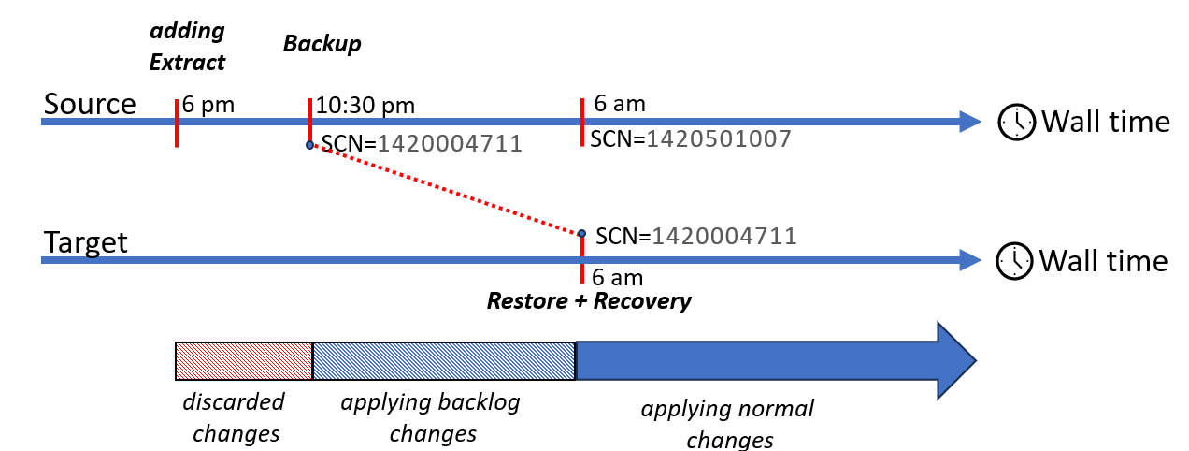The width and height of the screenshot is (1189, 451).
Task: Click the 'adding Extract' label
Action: tap(188, 47)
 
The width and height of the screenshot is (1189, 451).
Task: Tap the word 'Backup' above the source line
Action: tap(322, 44)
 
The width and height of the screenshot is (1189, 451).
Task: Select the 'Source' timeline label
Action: tap(90, 104)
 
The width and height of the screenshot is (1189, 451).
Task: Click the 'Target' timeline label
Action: tap(86, 243)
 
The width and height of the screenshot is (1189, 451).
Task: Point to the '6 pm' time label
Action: tap(208, 104)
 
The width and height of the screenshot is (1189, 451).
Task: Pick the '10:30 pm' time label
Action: tap(365, 104)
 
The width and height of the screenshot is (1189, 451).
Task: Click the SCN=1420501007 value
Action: tap(691, 139)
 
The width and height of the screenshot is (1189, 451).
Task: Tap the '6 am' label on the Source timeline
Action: tap(619, 104)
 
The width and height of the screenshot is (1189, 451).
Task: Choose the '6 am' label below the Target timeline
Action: tap(618, 277)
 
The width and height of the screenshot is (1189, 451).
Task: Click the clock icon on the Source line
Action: tap(1016, 123)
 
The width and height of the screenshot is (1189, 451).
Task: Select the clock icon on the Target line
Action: tap(1014, 261)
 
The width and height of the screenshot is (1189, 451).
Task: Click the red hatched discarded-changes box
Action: tap(244, 361)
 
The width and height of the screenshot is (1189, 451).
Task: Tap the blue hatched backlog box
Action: tap(443, 361)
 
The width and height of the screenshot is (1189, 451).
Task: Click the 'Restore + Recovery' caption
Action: tap(589, 301)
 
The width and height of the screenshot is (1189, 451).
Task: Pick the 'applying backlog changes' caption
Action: tap(431, 418)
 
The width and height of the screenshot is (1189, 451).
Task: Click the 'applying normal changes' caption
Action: tap(727, 424)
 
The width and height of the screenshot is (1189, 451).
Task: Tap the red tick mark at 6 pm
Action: tap(176, 123)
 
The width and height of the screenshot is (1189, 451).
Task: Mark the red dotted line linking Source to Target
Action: tap(445, 190)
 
